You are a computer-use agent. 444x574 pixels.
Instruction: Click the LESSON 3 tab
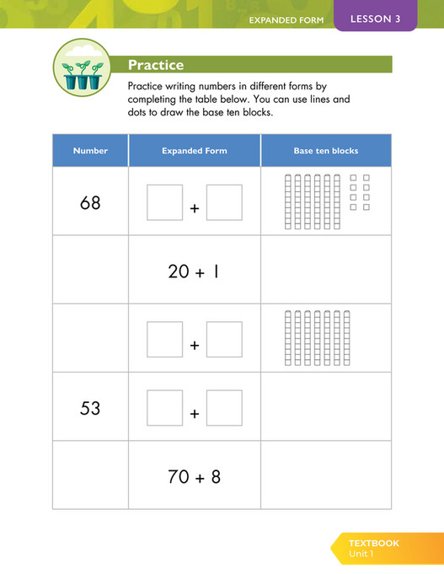375,19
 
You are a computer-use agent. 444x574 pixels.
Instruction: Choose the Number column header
90,151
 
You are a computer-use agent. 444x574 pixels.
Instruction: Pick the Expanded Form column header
194,151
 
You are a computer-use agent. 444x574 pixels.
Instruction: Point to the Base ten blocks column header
325,151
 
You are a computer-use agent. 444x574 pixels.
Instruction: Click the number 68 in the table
90,202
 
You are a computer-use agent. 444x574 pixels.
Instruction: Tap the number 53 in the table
90,408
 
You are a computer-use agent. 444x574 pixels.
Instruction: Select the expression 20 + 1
194,271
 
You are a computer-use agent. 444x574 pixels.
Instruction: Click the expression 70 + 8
194,476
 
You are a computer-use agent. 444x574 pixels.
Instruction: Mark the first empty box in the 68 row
164,202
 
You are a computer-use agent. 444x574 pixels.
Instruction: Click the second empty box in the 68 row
224,202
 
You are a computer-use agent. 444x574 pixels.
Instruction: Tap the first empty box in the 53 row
164,408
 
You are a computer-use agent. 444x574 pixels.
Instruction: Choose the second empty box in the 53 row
224,408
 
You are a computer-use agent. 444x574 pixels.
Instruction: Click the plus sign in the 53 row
195,414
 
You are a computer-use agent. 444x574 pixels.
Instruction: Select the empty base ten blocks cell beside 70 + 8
325,476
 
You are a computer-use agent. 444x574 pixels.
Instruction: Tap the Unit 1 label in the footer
363,554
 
